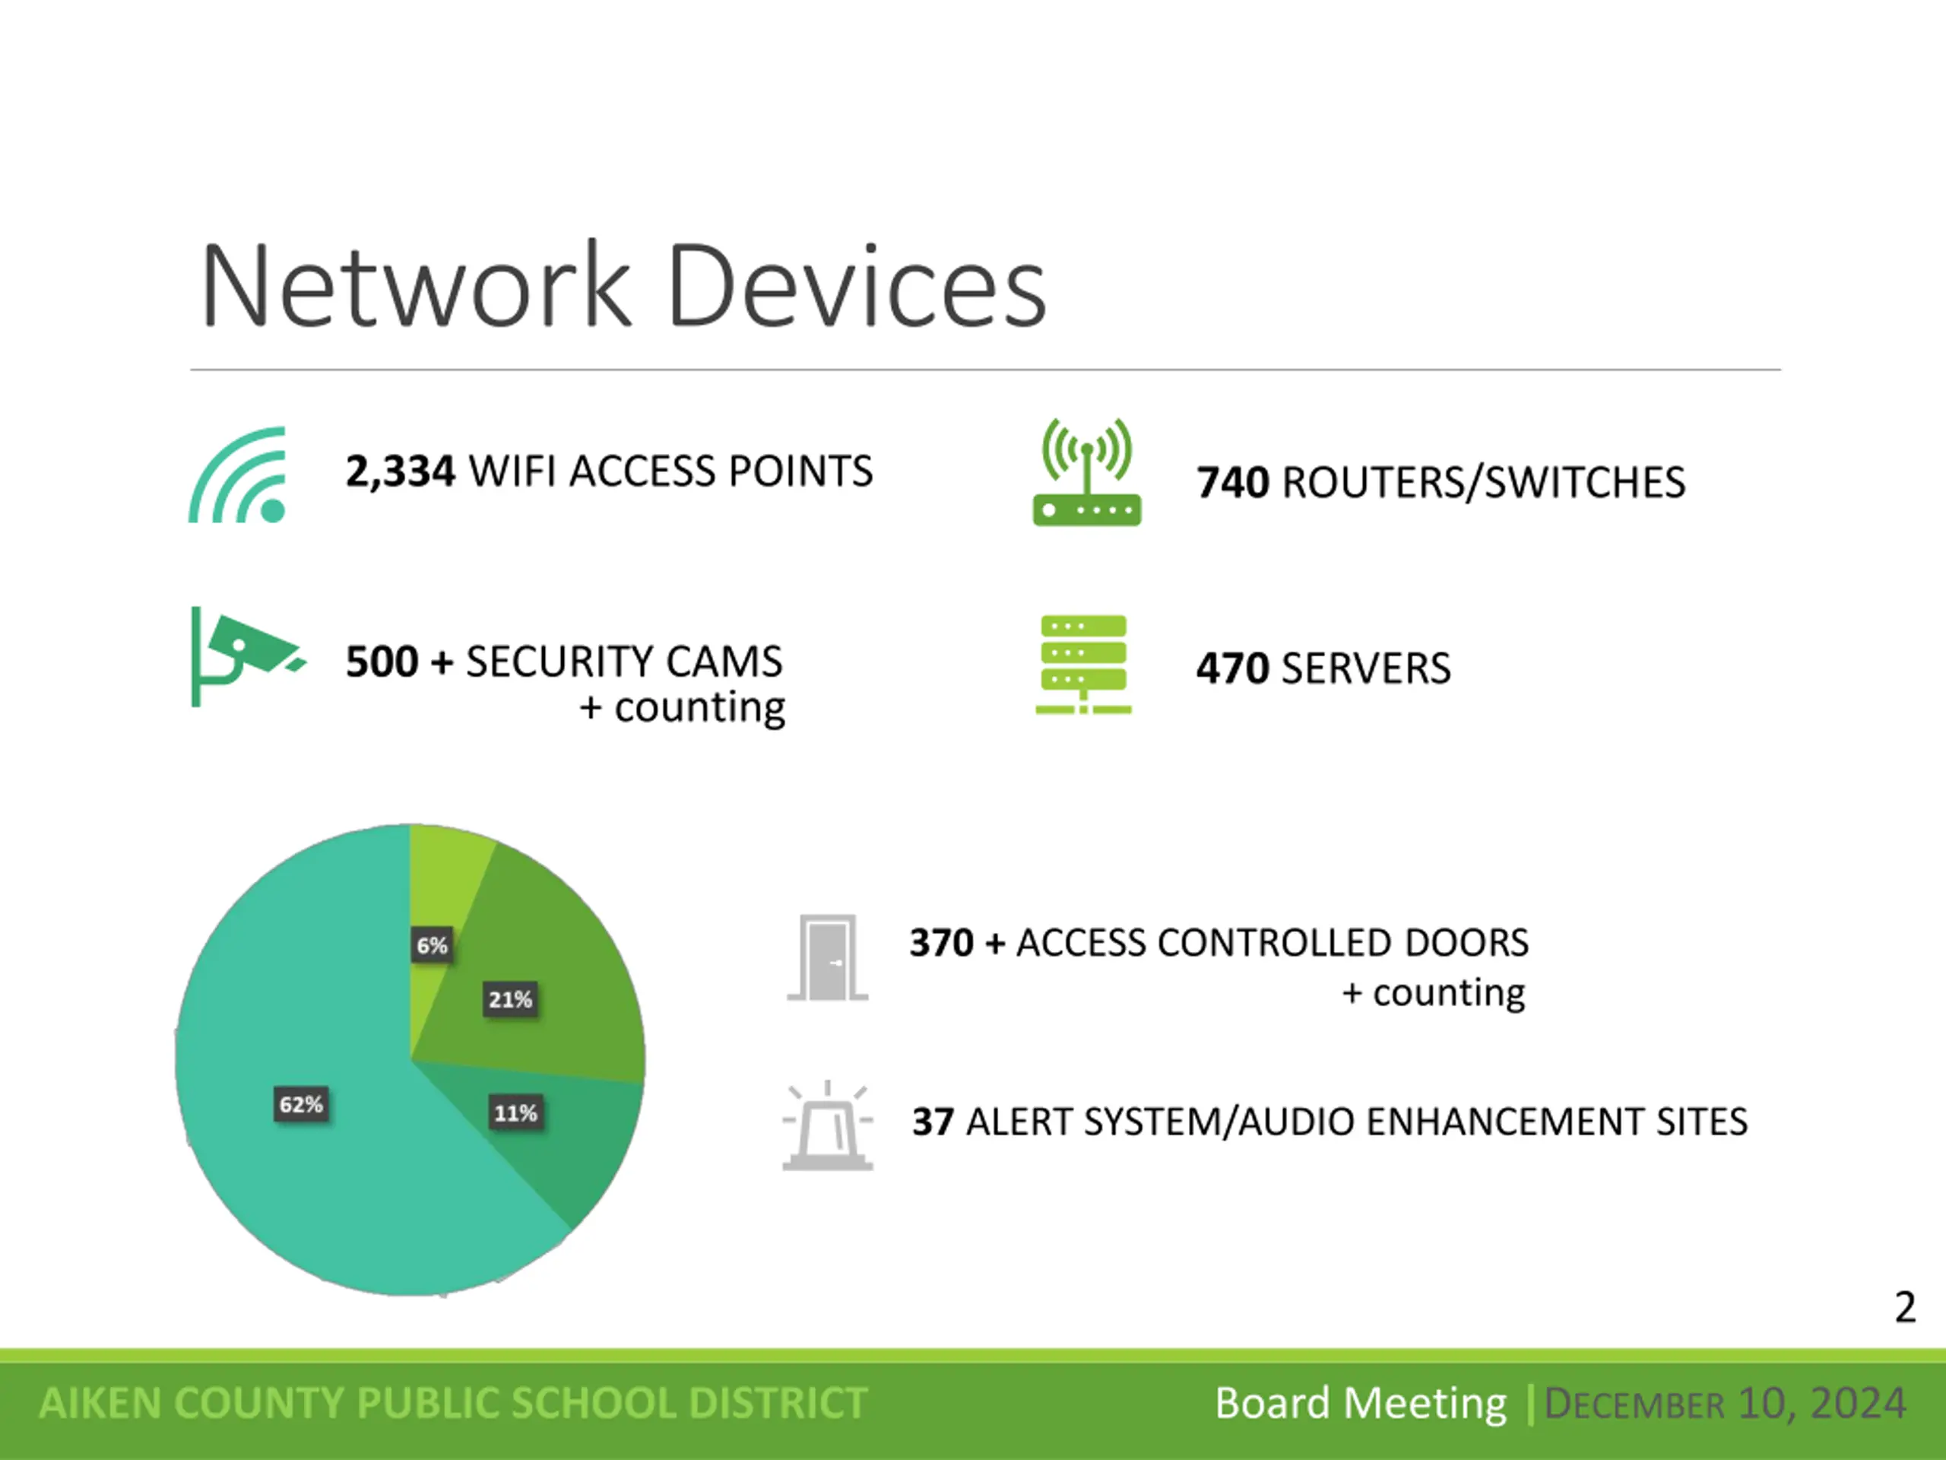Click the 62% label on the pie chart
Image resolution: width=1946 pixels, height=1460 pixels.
(301, 1104)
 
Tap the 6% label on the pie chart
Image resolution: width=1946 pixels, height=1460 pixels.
(432, 946)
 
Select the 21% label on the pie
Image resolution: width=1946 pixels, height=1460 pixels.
(510, 1000)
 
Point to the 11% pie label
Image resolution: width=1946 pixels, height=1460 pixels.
(515, 1113)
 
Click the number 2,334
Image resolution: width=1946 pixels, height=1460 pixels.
(401, 471)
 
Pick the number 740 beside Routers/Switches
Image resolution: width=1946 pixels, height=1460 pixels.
(1232, 483)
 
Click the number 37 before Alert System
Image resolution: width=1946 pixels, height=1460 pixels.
(933, 1122)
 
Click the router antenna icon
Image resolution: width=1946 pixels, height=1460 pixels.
(1087, 474)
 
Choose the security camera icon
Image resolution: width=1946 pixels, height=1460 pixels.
(246, 655)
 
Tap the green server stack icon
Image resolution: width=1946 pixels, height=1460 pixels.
(1083, 665)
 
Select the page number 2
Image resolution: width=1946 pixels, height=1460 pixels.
(1905, 1308)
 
